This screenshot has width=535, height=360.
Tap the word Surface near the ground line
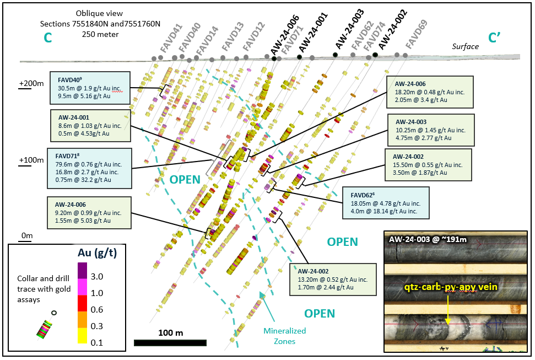466,46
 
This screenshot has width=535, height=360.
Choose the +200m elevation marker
31,83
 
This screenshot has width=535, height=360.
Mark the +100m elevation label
31,160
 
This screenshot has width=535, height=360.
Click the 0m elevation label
26,236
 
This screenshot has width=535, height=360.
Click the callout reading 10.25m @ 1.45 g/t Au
430,130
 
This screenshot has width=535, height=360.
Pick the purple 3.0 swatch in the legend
82,270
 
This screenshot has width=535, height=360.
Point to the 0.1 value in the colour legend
97,342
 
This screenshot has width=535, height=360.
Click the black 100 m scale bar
170,343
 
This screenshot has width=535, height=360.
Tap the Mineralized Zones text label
285,336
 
